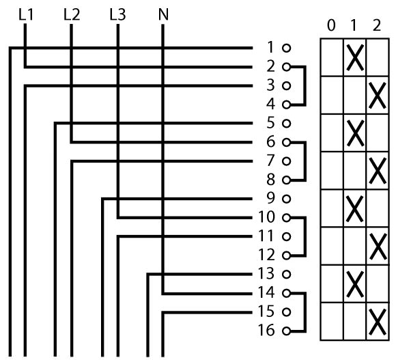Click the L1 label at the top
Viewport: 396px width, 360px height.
[26, 14]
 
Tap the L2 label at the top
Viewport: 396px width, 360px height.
[72, 14]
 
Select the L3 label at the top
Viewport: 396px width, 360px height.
[117, 14]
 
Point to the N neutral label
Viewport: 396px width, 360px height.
[163, 14]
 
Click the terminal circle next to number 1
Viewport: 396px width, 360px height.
[286, 48]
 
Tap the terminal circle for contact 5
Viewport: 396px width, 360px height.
[286, 123]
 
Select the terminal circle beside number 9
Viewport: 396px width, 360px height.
[286, 199]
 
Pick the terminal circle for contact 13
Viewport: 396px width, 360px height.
[286, 274]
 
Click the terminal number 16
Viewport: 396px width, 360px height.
[266, 330]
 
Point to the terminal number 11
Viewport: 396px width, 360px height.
[266, 236]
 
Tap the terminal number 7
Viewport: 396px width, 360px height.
[270, 161]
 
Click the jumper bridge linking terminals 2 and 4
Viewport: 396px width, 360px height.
[305, 86]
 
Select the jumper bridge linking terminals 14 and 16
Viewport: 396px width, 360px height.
[305, 312]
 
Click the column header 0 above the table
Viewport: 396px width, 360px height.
[331, 25]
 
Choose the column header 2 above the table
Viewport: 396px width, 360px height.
[377, 25]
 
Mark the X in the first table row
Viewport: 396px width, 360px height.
[355, 57]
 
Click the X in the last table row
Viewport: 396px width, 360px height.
[378, 322]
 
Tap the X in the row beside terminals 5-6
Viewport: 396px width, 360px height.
[355, 133]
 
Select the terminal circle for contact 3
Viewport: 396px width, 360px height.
[286, 86]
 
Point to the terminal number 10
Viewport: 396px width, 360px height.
[266, 217]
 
